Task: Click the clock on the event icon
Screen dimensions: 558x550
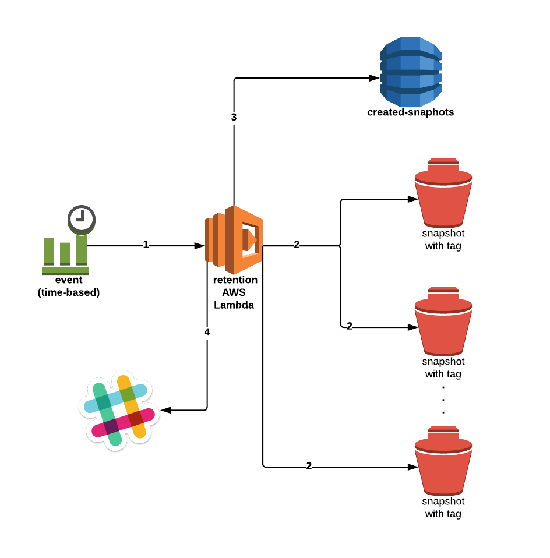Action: [82, 218]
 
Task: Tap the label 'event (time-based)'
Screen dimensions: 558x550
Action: [69, 287]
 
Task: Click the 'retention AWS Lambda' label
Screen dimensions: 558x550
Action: [235, 292]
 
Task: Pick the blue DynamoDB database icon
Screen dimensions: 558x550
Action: [411, 69]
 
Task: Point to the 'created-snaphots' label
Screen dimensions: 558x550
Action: [410, 112]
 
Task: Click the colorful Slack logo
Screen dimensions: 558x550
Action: [119, 409]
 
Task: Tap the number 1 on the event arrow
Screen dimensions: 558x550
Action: [146, 245]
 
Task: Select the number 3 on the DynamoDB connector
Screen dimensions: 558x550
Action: [234, 117]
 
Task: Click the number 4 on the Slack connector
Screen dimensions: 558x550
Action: [207, 332]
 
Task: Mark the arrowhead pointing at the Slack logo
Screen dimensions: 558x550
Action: [166, 410]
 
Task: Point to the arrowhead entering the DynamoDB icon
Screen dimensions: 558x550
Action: [373, 78]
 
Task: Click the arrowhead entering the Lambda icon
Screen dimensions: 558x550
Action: [199, 246]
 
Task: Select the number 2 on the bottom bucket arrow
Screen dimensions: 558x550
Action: [309, 466]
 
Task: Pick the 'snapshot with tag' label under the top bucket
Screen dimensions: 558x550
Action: [443, 239]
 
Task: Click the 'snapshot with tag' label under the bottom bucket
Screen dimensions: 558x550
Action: [443, 507]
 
